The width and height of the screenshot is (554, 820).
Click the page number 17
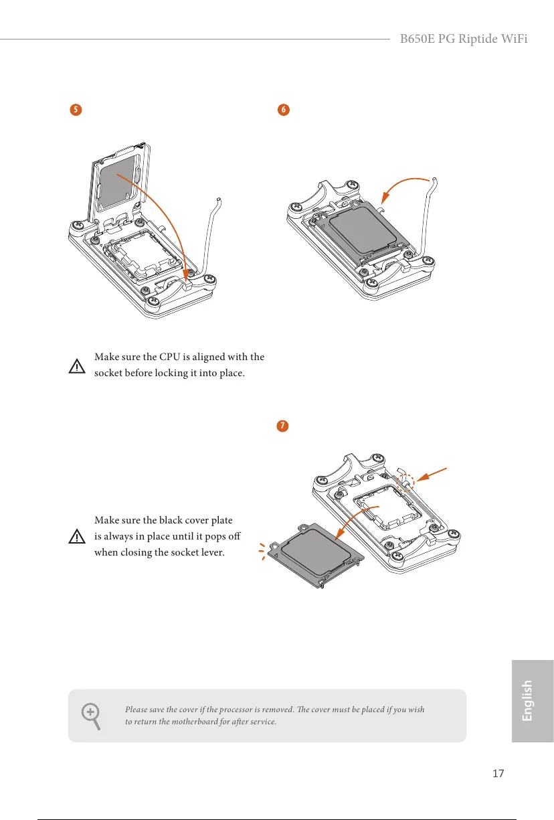(497, 773)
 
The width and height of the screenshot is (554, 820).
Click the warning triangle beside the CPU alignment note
(78, 367)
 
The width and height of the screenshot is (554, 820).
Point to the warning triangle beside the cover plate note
(78, 537)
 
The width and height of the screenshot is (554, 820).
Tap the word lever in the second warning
(227, 553)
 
